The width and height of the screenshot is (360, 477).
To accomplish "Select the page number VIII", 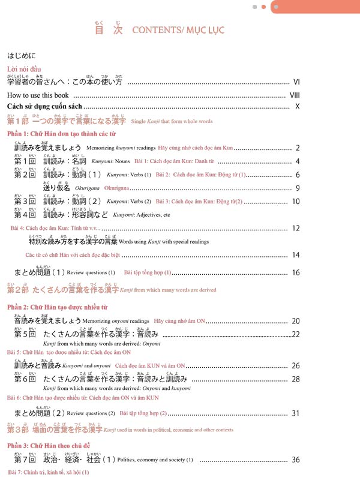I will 295,95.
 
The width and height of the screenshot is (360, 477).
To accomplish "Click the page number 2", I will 298,148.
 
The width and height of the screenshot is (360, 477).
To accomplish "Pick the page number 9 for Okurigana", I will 298,188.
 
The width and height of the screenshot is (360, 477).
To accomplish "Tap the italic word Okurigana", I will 88,188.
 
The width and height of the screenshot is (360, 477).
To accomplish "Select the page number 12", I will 296,228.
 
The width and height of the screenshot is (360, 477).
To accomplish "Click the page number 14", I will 296,255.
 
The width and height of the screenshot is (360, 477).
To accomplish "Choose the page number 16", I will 296,273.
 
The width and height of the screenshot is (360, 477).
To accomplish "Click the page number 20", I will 296,322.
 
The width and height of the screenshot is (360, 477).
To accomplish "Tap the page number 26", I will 296,365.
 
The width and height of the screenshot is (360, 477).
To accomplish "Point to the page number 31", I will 296,413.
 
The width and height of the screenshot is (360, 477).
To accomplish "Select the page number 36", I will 296,460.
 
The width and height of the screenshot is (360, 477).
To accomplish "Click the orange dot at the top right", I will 263,7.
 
